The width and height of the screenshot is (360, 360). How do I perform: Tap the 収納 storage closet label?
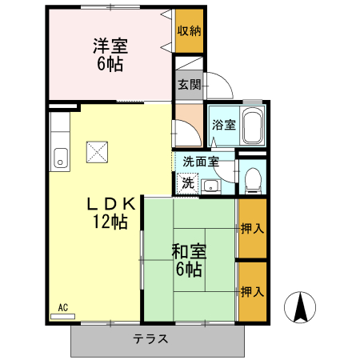[x=189, y=31]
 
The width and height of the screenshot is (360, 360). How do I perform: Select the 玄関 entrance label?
[x=189, y=84]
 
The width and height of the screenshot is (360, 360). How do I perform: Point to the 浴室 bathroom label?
[x=223, y=124]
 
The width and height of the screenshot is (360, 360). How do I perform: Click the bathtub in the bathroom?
[x=251, y=126]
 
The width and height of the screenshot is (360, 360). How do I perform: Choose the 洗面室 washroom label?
[x=200, y=162]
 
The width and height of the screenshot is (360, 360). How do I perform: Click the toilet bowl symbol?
[x=253, y=179]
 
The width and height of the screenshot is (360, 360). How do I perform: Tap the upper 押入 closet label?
[x=252, y=229]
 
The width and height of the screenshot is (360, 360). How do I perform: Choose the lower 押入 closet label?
[x=252, y=292]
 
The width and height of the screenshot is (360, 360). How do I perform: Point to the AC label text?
[x=63, y=306]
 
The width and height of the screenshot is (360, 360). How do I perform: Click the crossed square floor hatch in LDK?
[x=98, y=151]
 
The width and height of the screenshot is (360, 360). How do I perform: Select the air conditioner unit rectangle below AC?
[x=67, y=315]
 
